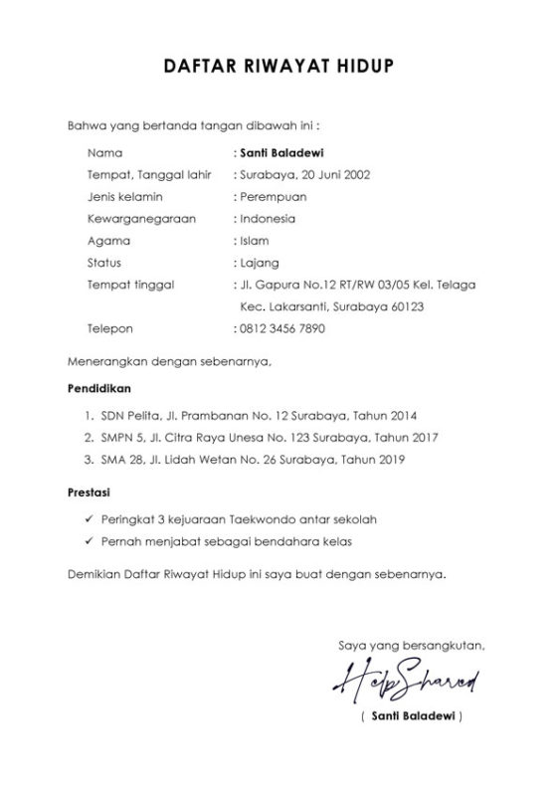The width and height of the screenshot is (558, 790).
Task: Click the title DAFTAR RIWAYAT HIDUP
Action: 278,67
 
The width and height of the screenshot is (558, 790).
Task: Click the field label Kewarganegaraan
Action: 134,219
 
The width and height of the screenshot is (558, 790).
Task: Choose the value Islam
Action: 254,241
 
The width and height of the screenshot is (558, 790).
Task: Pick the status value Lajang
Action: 259,263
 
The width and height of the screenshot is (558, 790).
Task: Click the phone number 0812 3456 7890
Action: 281,327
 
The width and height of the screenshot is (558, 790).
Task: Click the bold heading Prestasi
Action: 91,492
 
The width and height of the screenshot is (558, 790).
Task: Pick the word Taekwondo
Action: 255,518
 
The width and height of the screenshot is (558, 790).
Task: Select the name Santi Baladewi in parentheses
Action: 411,716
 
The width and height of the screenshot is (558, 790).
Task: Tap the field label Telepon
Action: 109,327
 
